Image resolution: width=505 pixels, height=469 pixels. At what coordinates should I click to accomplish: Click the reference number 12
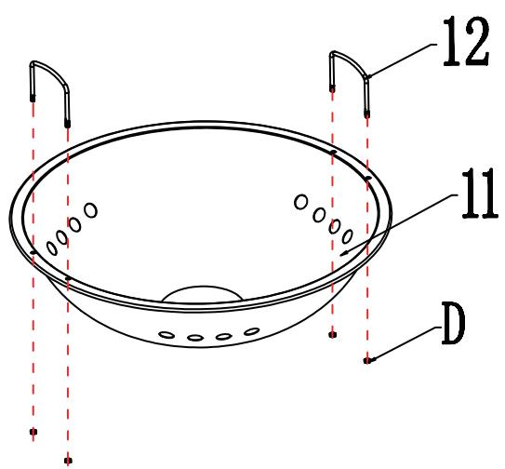coord(466,41)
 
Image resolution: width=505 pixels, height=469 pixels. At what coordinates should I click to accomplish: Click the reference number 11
coord(480,194)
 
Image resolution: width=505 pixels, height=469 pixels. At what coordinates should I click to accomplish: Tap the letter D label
coord(454,324)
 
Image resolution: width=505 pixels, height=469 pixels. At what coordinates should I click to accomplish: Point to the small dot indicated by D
coord(366,361)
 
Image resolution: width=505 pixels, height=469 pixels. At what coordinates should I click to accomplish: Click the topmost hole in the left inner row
coord(90,210)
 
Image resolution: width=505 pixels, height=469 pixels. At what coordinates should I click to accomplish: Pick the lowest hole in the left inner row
coord(52,248)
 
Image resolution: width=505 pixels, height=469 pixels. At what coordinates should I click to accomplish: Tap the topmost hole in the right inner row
coord(300,202)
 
